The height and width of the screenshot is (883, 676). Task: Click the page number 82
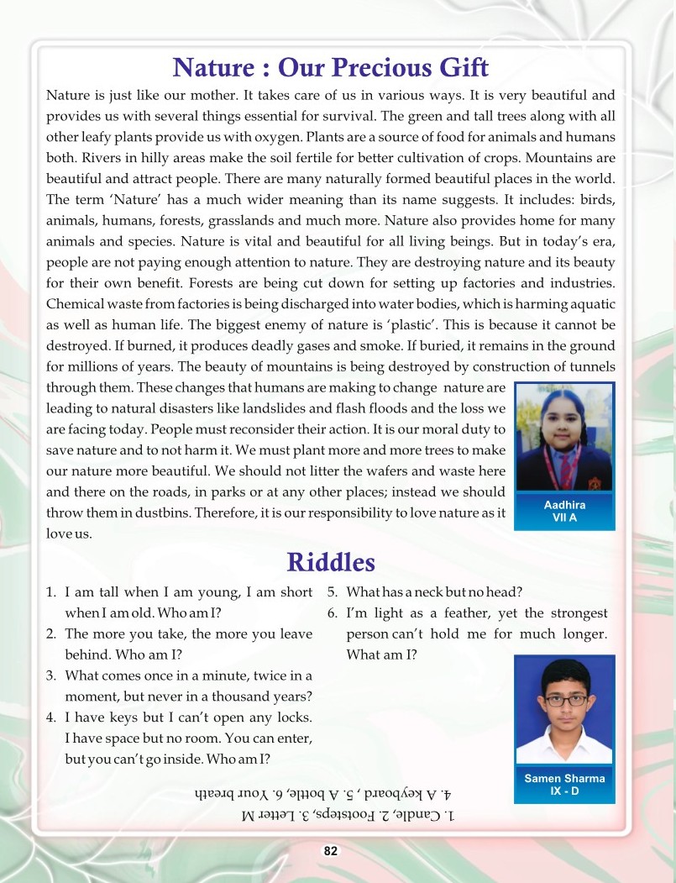pos(331,851)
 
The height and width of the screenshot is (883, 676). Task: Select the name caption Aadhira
pos(564,504)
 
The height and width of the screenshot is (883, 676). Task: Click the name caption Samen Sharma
pos(564,778)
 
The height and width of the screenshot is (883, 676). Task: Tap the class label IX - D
pos(564,791)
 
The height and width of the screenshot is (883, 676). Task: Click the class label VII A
pos(564,518)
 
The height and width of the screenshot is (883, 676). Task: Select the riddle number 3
pos(50,675)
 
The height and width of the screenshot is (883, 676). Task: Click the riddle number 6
pos(333,613)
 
